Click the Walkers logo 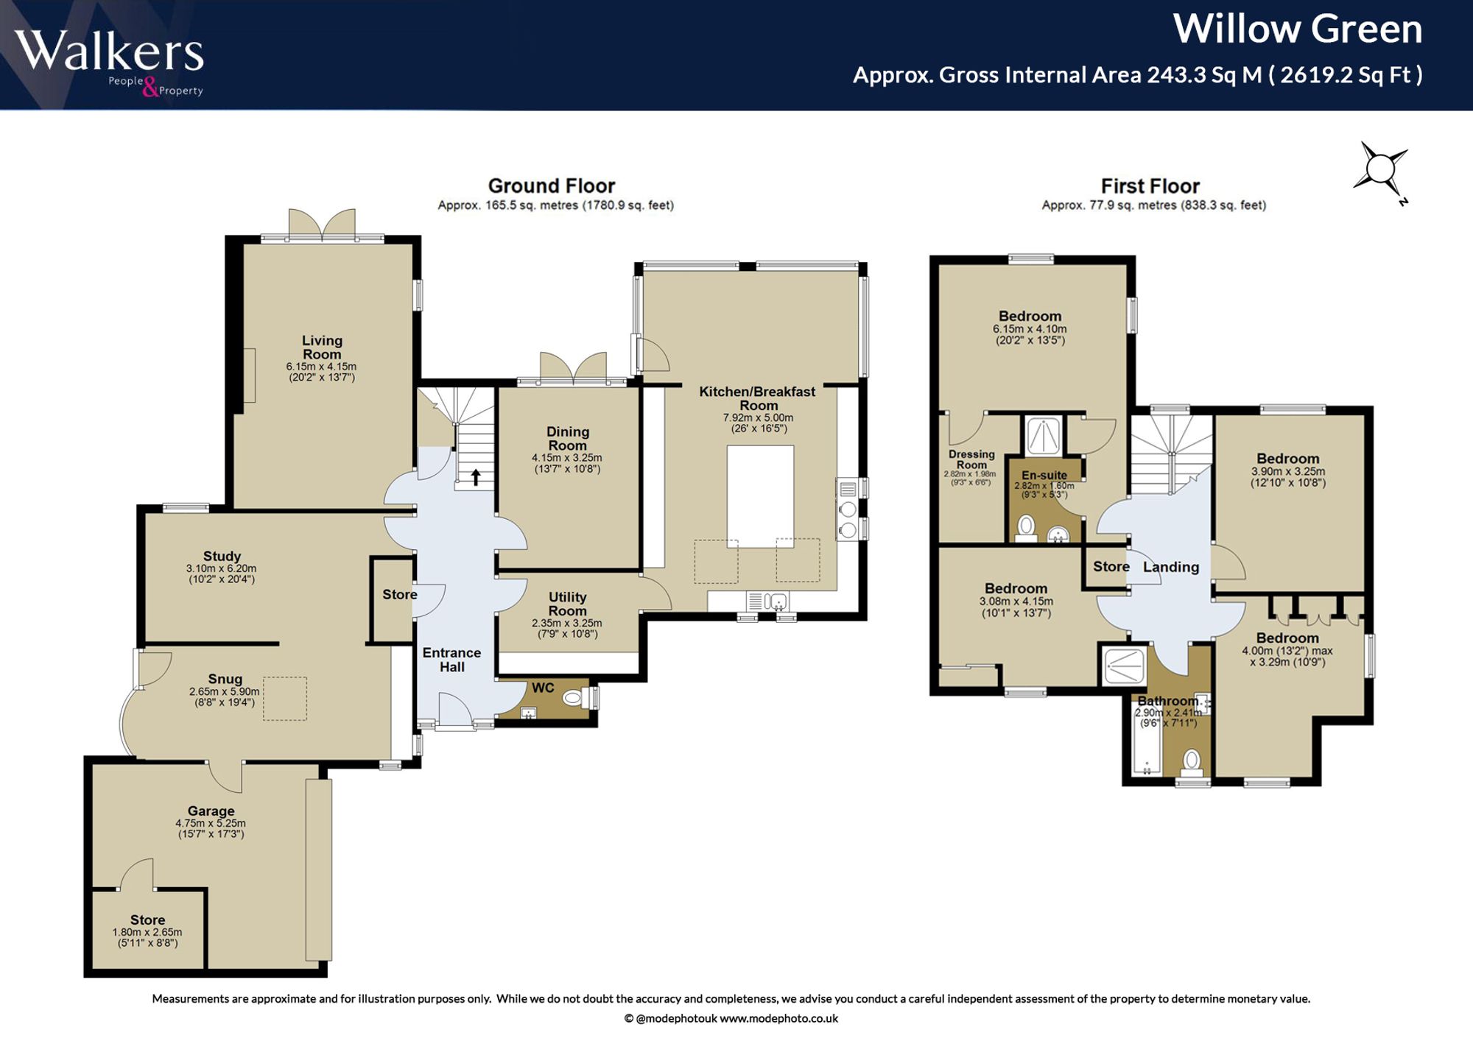point(109,62)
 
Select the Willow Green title point(1297,29)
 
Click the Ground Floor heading point(551,186)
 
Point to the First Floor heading point(1150,186)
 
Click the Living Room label point(322,347)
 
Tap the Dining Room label point(567,438)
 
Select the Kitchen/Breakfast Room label point(757,398)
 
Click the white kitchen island point(760,496)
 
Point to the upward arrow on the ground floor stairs point(476,477)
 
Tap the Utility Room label point(567,604)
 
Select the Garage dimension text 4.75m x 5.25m point(211,823)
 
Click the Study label point(222,556)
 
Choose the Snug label point(225,679)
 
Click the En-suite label point(1044,475)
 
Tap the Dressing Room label point(971,459)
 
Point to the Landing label point(1170,567)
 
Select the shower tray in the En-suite point(1044,436)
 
